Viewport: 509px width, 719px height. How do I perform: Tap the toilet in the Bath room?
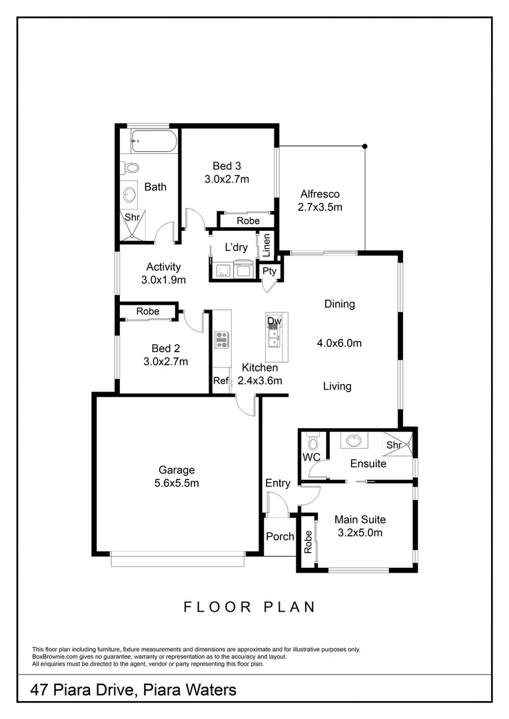tap(131, 168)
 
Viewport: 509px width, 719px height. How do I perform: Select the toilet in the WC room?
tap(313, 441)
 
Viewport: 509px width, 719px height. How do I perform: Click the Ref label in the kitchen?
tap(220, 381)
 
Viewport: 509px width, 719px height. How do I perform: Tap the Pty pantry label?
tap(269, 271)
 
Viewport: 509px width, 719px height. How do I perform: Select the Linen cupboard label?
tap(266, 246)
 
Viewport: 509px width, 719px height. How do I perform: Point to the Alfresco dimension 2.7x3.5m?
tap(320, 207)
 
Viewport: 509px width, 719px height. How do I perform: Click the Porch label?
tap(280, 537)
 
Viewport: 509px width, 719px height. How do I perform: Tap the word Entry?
tap(278, 483)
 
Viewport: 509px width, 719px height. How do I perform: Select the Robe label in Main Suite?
tap(308, 542)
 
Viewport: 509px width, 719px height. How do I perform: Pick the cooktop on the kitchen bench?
tap(221, 340)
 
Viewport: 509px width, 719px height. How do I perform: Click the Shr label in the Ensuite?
tap(393, 445)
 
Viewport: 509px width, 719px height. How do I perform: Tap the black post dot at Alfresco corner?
tap(364, 146)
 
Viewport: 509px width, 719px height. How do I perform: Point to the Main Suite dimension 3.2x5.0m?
tap(360, 533)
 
